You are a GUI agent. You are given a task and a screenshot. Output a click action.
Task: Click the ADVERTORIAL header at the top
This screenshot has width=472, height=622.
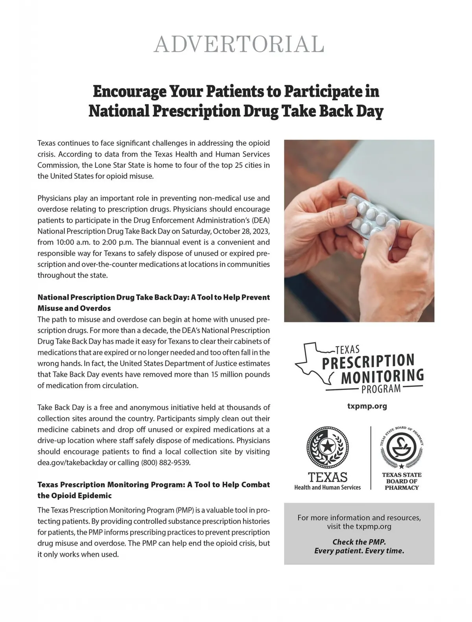point(239,44)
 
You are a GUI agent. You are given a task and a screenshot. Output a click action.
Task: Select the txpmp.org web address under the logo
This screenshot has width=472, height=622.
point(367,406)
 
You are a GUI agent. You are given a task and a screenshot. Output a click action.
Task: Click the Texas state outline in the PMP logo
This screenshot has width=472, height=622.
point(312,363)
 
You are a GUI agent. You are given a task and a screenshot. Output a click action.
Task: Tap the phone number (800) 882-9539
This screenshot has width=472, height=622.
point(166,462)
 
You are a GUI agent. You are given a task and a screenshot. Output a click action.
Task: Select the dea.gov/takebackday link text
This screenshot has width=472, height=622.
point(72,462)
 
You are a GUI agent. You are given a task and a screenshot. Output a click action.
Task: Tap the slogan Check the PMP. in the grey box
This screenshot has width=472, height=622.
point(359,541)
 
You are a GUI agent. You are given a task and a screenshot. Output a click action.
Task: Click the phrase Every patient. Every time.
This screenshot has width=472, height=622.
point(359,551)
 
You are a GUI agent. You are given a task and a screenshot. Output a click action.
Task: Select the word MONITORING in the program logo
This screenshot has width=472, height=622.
point(382,376)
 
